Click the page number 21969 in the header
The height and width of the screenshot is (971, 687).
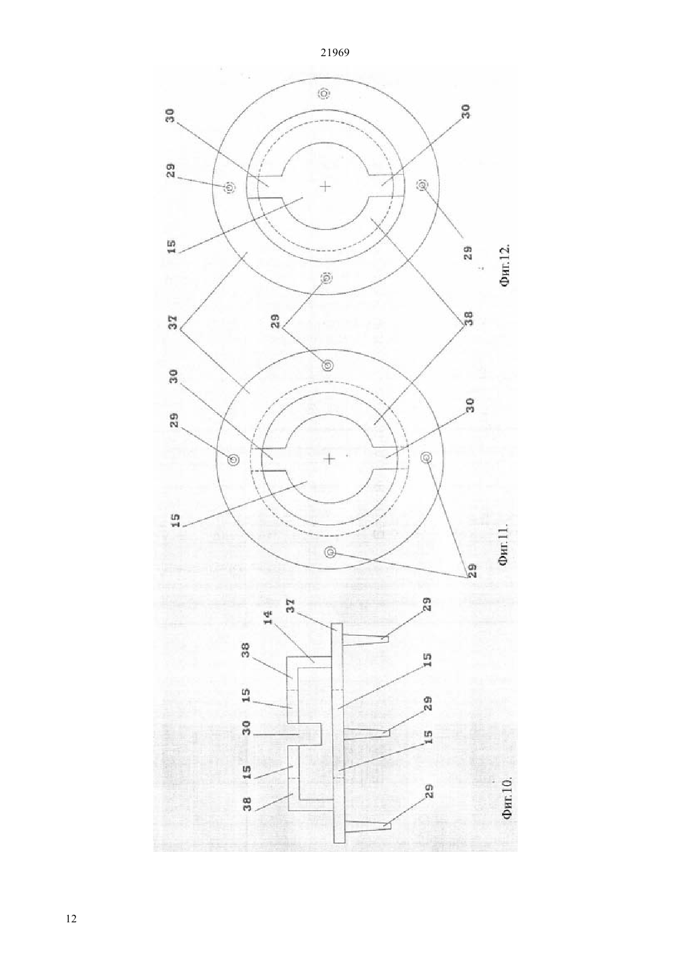point(334,52)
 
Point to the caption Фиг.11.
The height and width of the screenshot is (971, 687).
point(505,546)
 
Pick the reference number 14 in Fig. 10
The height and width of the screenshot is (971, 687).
point(269,617)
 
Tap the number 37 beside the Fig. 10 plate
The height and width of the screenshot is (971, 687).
point(290,606)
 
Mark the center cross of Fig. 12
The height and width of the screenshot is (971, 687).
point(325,187)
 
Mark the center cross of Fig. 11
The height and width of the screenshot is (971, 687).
point(330,458)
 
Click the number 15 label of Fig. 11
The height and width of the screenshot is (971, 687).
point(176,520)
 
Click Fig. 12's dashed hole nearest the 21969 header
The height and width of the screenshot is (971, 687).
point(324,93)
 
